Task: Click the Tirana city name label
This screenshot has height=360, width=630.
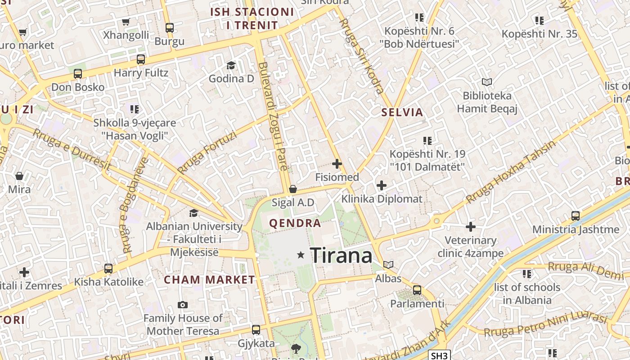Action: pos(341,255)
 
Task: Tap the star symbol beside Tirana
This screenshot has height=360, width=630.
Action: pos(301,255)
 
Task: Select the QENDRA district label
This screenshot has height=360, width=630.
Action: pos(295,223)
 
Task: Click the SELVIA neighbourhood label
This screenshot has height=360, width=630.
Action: pos(402,112)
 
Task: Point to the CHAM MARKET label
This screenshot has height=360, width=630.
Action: pos(209,279)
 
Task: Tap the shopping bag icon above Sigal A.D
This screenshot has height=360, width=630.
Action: pos(293,189)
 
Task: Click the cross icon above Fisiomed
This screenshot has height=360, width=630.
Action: pos(337,164)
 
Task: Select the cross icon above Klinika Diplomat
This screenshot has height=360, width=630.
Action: pos(382,185)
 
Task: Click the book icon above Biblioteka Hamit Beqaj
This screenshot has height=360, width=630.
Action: pos(487,82)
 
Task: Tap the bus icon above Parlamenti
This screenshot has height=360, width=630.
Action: pos(417,290)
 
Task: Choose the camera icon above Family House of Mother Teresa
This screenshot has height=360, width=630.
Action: pos(182,305)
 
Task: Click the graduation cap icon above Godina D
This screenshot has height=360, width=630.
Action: pos(231,65)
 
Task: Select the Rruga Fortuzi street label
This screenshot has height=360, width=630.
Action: pos(207,153)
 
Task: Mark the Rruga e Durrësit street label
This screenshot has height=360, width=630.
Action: pos(72,150)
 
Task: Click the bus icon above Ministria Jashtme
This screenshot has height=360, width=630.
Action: pos(576,216)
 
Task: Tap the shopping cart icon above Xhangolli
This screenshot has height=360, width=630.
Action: pos(126,22)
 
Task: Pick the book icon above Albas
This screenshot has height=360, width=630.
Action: pos(388,265)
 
